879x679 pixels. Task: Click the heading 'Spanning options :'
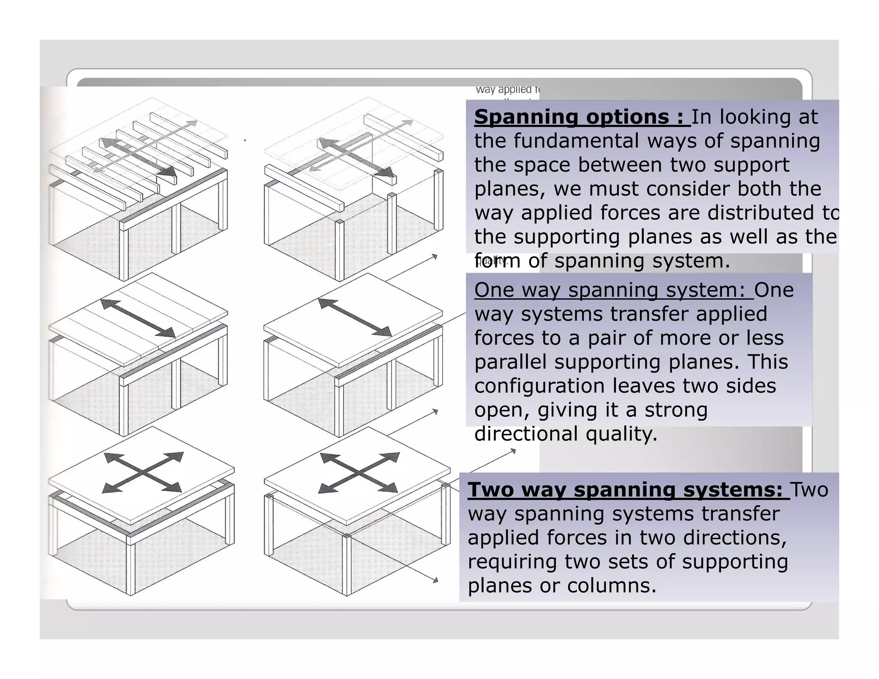[581, 117]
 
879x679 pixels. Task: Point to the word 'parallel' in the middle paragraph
[511, 362]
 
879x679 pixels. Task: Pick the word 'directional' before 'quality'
[526, 434]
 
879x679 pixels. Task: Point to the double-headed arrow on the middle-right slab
[355, 317]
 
